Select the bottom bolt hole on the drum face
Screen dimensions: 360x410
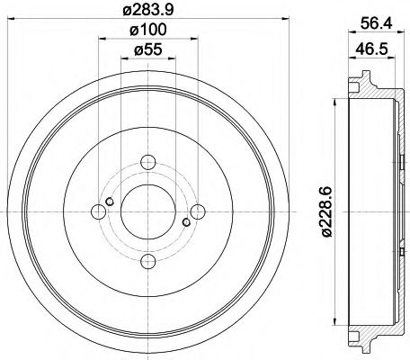point(147,262)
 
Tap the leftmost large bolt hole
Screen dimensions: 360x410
point(98,212)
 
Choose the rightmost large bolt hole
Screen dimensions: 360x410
point(197,212)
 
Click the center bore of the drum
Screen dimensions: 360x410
point(147,212)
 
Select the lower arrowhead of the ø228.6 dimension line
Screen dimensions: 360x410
point(340,328)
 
